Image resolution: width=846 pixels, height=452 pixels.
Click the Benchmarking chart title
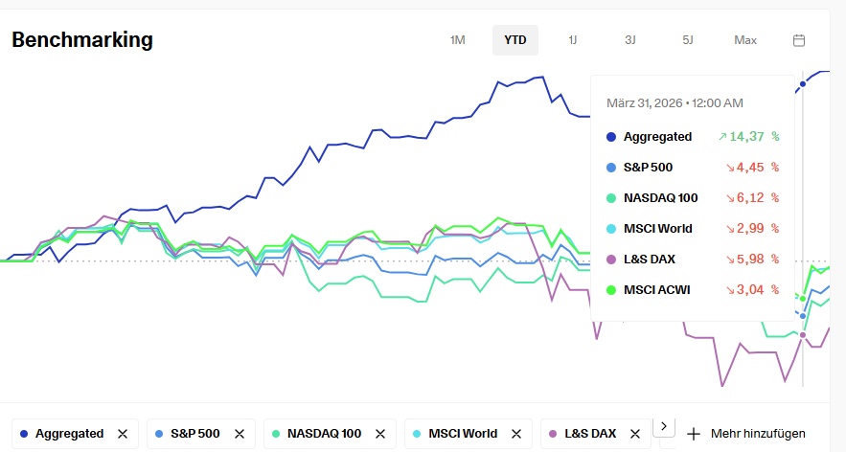[82, 40]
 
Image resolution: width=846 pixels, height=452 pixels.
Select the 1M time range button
[457, 40]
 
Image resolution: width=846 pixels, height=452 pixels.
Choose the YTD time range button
[515, 40]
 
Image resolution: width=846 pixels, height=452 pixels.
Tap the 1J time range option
[573, 40]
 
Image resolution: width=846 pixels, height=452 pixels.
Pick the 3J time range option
[629, 40]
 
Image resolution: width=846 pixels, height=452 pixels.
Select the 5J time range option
[688, 40]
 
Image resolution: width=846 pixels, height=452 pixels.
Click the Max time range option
[745, 40]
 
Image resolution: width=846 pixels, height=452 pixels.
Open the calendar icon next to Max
[799, 40]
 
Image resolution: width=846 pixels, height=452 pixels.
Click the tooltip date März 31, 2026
[675, 102]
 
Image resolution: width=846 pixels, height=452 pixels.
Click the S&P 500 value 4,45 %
[754, 167]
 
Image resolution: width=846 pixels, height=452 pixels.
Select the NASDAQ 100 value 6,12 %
[754, 197]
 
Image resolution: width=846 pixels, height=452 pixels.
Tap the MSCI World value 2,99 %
[754, 228]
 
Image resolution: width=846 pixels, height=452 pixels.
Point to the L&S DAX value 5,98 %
[754, 259]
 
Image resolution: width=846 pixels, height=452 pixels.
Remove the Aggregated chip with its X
[123, 434]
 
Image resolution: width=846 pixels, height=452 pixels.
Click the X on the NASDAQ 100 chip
[380, 434]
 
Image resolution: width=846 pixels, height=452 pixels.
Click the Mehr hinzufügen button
[745, 434]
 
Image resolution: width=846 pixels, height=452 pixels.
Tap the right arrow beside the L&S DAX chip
[665, 426]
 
